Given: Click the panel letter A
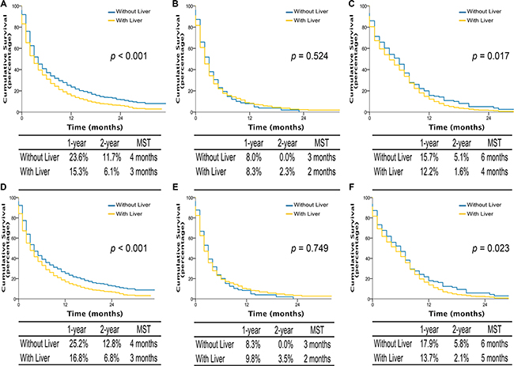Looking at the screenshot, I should click(6, 6).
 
